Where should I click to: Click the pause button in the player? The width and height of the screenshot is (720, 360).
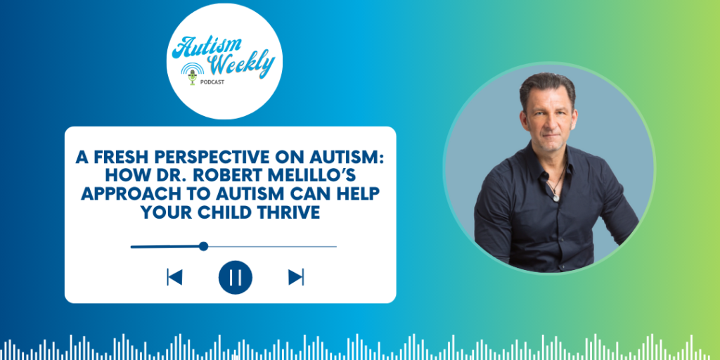(236, 277)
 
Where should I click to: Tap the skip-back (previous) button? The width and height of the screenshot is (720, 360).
(174, 277)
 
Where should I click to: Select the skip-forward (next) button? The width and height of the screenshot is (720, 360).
(296, 277)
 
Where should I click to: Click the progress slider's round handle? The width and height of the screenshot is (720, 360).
(203, 246)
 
